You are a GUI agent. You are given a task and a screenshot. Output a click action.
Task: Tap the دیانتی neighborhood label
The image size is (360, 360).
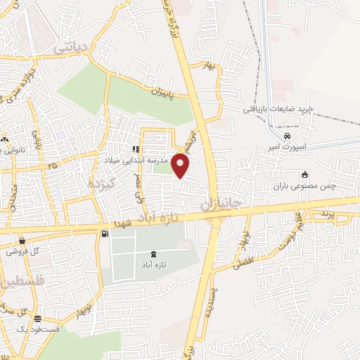71,48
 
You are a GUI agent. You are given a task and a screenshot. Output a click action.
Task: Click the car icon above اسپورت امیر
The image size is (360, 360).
287,136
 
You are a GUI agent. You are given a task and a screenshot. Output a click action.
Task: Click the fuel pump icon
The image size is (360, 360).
105,233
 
